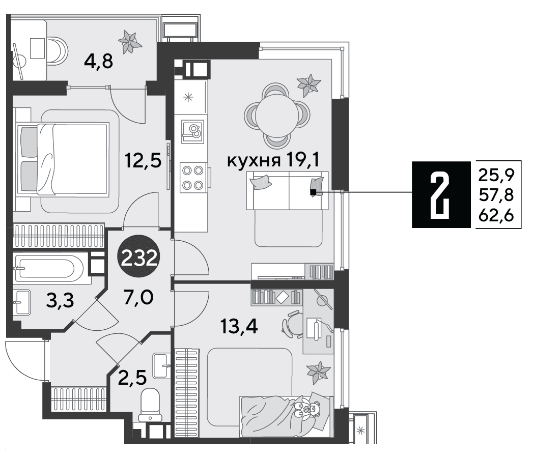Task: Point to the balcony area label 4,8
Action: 99,62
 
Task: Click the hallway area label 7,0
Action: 138,298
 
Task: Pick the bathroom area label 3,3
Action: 60,301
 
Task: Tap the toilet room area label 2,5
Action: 132,377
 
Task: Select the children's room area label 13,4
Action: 239,327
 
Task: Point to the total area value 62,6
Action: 496,215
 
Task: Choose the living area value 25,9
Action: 496,175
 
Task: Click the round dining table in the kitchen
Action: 277,116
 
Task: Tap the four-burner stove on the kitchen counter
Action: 193,177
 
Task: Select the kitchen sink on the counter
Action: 193,131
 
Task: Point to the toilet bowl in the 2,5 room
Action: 150,405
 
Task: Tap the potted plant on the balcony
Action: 130,41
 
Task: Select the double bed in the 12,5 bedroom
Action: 63,159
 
